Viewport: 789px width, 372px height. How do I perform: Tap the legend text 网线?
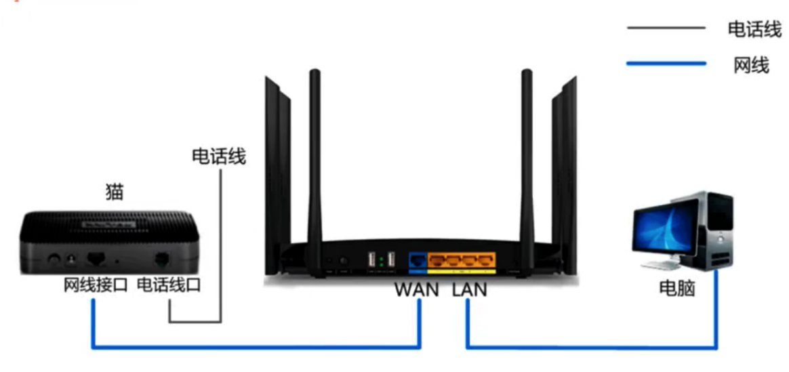(x=751, y=65)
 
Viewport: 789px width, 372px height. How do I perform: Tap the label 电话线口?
(x=169, y=285)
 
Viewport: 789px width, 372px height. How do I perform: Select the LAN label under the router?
(x=468, y=289)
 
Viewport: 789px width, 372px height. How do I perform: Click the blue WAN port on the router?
(x=418, y=260)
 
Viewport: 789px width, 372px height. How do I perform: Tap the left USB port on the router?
(x=371, y=260)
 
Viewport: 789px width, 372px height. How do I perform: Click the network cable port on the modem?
(x=96, y=258)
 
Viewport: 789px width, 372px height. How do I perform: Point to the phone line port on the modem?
(x=163, y=259)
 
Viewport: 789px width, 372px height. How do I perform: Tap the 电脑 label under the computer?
(x=677, y=289)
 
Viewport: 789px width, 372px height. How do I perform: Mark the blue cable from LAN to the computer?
(x=590, y=348)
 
